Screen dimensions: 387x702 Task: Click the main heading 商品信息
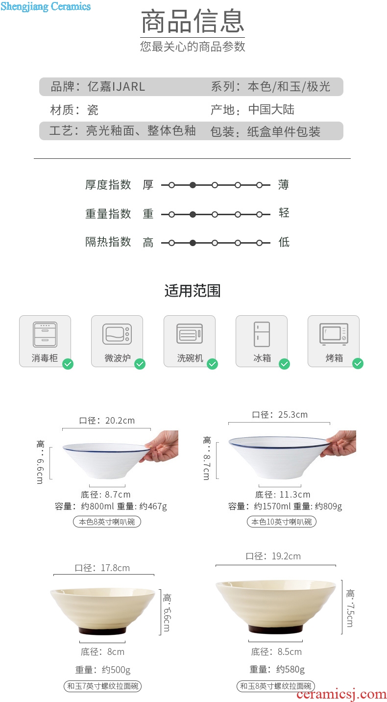pos(193,21)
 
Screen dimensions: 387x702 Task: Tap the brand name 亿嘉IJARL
pos(116,86)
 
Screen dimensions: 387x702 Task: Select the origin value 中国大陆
pos(271,110)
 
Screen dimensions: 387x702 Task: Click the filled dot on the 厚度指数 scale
pos(193,185)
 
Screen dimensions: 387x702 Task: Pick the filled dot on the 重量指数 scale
pos(193,214)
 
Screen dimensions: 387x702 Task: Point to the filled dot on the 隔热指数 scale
pos(193,243)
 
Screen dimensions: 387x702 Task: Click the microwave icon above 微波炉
pos(117,334)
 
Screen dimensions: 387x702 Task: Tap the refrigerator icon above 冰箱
pos(262,334)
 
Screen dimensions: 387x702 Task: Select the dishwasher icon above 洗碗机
pos(190,333)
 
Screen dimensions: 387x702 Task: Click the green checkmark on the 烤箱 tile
pos(358,364)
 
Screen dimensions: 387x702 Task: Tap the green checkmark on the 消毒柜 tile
pos(68,364)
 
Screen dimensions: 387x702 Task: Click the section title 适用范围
pos(193,291)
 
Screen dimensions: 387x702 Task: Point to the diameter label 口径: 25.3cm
pos(280,415)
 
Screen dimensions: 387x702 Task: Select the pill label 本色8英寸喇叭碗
pos(107,522)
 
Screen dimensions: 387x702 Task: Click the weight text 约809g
pos(328,506)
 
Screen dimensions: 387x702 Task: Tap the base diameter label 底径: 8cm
pos(103,652)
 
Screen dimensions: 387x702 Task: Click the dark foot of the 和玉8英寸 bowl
pos(276,627)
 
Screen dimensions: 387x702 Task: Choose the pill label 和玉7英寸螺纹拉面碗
pos(103,686)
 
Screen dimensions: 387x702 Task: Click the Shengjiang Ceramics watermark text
pos(46,6)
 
